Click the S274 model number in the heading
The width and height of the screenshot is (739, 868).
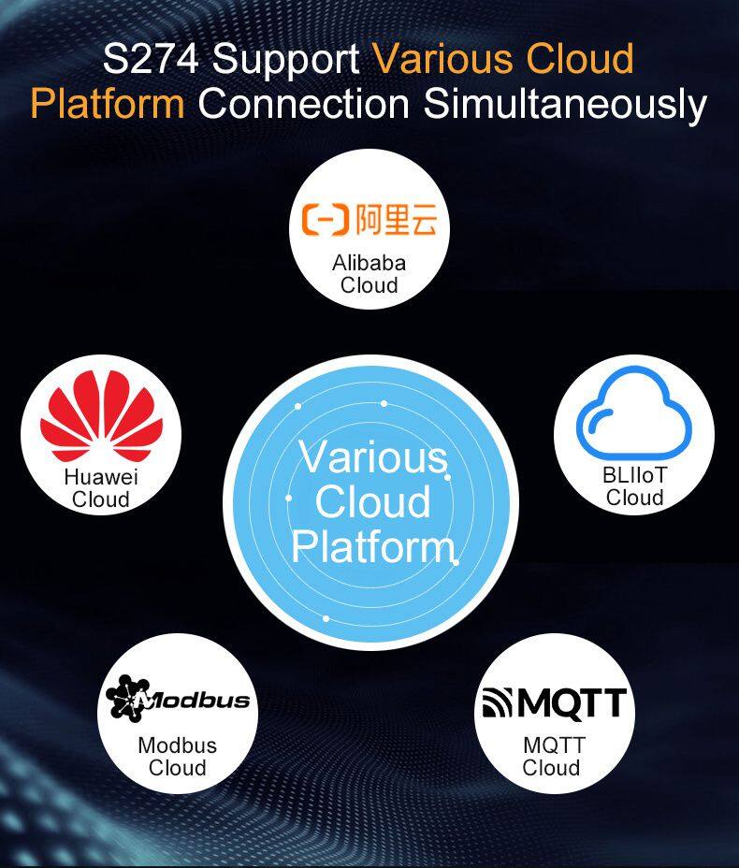[151, 59]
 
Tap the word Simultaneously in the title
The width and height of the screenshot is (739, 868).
[565, 104]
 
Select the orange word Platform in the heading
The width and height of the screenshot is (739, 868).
[108, 104]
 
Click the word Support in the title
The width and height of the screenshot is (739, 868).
[286, 61]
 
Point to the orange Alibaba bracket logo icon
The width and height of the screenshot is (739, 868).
[326, 219]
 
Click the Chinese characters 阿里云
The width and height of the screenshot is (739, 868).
[397, 219]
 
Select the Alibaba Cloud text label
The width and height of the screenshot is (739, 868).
[369, 274]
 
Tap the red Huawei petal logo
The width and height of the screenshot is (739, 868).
[101, 415]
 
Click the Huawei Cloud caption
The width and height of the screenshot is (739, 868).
[101, 488]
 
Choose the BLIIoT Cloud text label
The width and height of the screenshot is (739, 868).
[635, 486]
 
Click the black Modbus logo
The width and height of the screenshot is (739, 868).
[177, 699]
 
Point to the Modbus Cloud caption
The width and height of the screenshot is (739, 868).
[177, 757]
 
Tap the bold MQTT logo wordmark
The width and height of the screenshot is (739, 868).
[572, 703]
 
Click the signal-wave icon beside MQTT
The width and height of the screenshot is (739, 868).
[498, 702]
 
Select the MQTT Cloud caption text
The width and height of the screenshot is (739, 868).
[553, 756]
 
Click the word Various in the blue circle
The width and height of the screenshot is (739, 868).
[372, 457]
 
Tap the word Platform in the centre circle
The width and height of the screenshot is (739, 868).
[372, 547]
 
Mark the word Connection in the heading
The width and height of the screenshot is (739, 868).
[304, 104]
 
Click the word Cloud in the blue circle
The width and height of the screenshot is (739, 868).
[372, 501]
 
